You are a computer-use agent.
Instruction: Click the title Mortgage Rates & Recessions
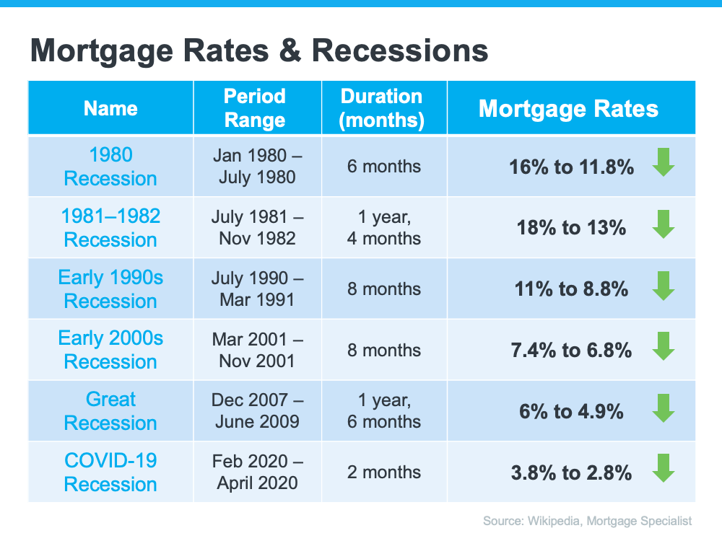tap(259, 51)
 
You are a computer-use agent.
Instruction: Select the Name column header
tap(110, 109)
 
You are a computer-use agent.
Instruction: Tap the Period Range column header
tap(255, 108)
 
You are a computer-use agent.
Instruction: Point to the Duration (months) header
tap(381, 108)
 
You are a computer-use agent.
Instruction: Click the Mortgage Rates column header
tap(568, 109)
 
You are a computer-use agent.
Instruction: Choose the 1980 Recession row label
tap(110, 167)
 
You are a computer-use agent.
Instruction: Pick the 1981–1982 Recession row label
tap(110, 228)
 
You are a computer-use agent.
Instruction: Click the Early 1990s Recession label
tap(110, 289)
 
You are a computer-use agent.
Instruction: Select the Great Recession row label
tap(110, 411)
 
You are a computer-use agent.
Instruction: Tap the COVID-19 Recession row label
tap(110, 472)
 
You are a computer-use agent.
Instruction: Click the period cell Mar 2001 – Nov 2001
tap(258, 350)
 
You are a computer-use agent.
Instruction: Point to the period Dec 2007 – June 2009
tap(258, 411)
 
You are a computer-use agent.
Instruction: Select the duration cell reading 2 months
tap(384, 472)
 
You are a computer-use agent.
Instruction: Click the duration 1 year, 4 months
tap(384, 228)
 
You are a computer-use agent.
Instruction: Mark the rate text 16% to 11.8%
tap(571, 167)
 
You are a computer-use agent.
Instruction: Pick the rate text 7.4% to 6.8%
tap(571, 351)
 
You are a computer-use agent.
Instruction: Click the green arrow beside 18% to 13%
tap(664, 224)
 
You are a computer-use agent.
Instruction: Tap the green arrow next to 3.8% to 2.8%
tap(664, 468)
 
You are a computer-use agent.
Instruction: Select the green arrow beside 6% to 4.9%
tap(664, 408)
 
